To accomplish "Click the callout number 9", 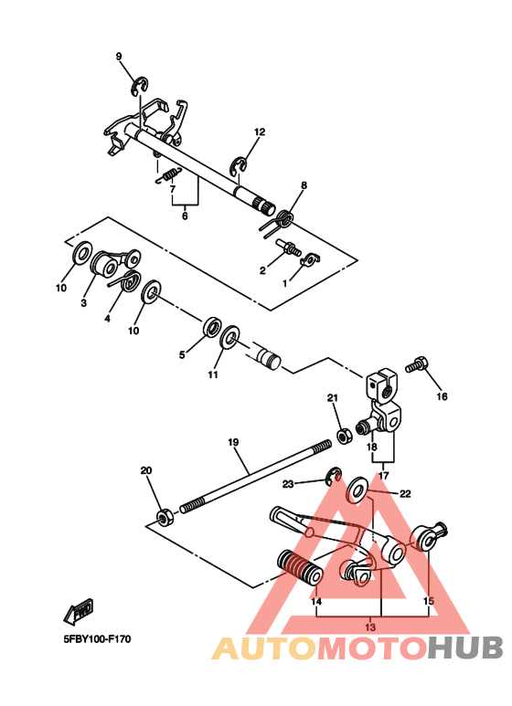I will (118, 57).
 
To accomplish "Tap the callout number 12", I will (259, 132).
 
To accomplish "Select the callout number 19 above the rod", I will (233, 442).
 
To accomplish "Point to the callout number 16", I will (442, 396).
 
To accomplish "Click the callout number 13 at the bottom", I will (370, 627).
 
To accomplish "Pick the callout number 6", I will (185, 216).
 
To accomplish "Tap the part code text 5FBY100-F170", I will (98, 638).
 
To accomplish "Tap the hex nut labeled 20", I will (165, 518).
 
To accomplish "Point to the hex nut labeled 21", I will (345, 435).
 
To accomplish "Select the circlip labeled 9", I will (137, 88).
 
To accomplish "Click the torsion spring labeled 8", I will (284, 218).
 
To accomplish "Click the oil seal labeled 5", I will (210, 327).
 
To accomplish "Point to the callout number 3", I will (83, 302).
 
